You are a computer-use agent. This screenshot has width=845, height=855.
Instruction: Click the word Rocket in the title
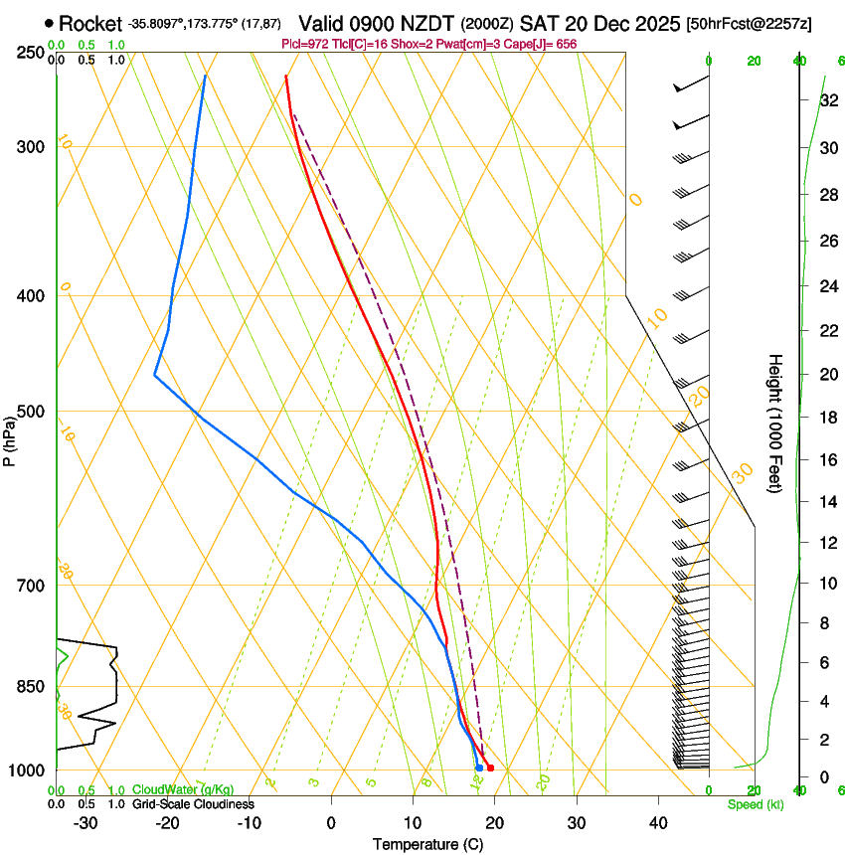point(89,23)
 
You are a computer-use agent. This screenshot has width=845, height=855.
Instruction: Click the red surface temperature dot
point(490,768)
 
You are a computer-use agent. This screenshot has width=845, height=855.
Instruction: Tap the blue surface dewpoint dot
point(479,768)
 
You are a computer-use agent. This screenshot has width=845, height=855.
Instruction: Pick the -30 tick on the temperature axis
point(85,823)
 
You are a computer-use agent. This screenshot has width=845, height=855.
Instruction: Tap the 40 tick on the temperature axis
point(657,823)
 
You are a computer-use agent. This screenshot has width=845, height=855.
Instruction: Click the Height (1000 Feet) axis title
point(775,423)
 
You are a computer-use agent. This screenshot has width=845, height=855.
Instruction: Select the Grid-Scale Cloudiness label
point(193,804)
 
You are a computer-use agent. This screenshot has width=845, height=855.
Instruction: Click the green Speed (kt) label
point(755,804)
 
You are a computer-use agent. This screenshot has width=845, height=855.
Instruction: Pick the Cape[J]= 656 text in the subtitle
point(541,44)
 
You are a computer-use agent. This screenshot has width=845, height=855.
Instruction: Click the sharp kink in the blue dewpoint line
point(155,375)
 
